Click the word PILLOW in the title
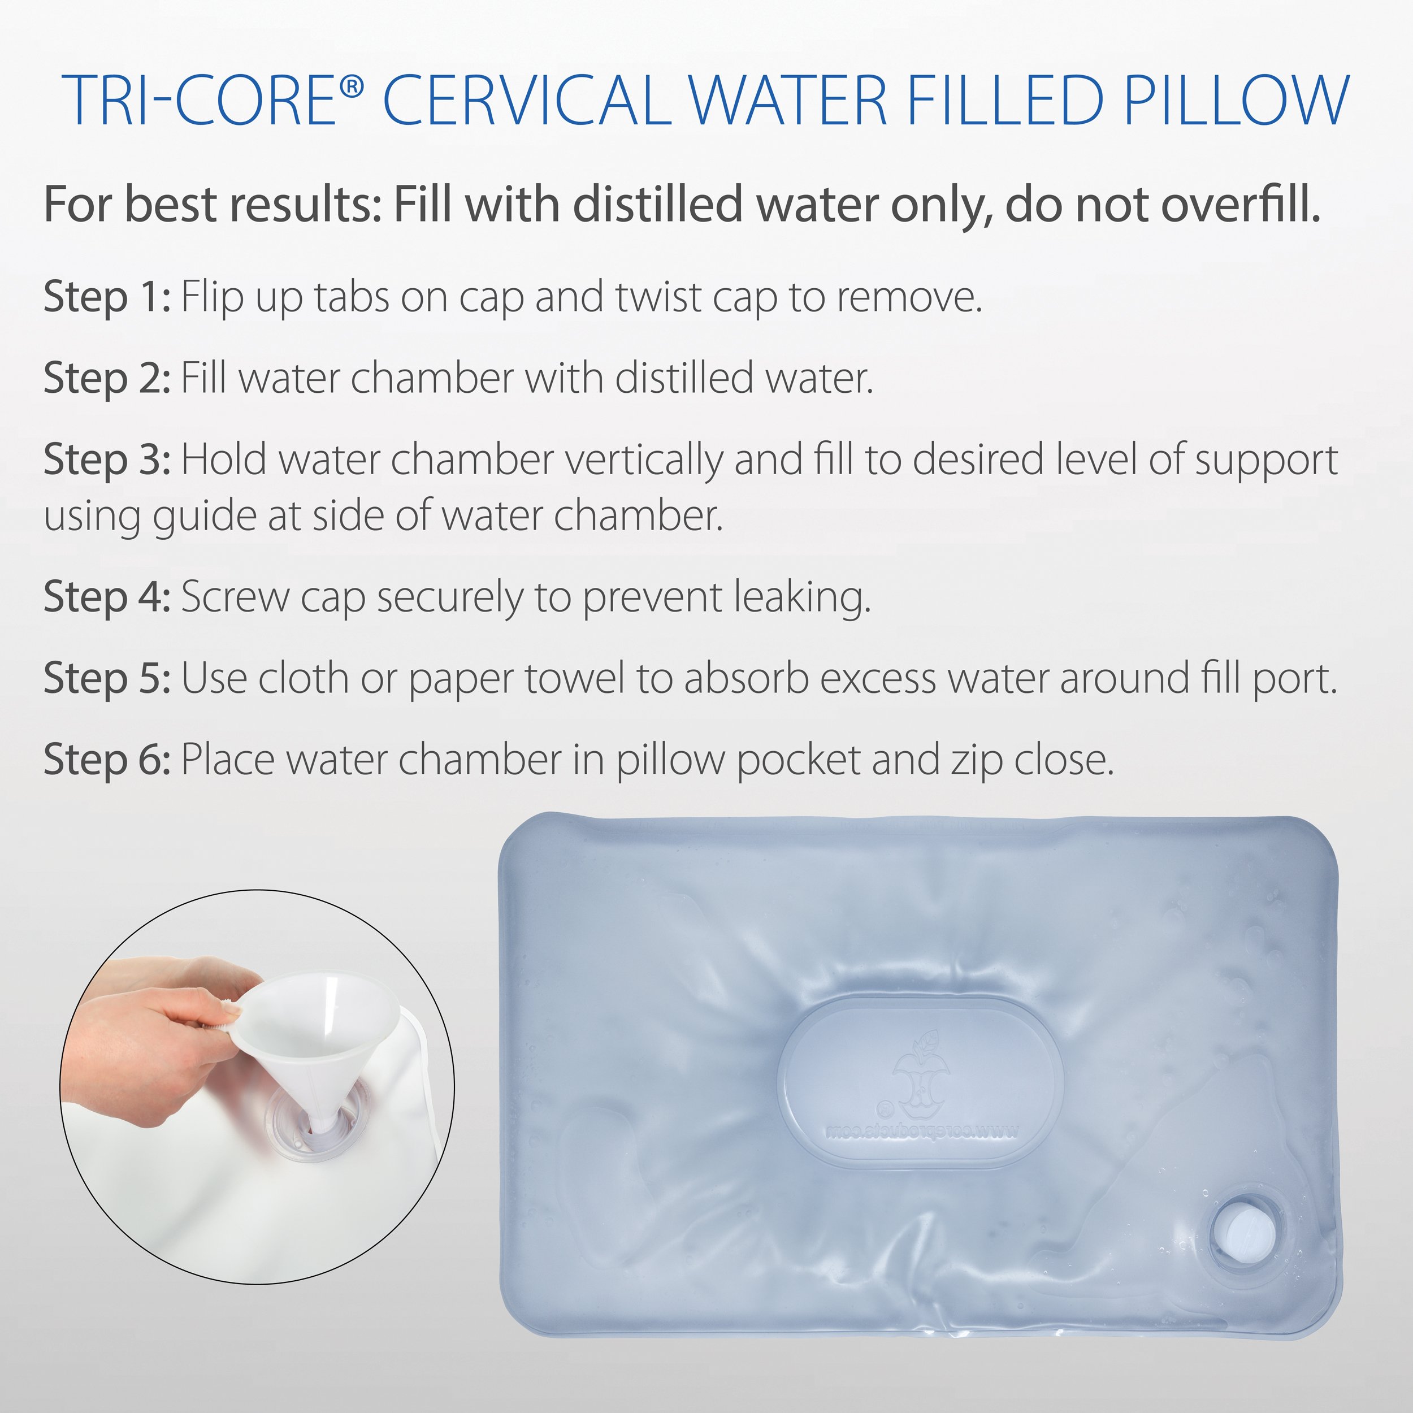pos(1236,99)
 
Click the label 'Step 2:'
pos(107,379)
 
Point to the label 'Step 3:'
pos(107,460)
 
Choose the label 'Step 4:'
pos(107,597)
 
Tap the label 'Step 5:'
pos(107,679)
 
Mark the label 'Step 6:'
pos(107,760)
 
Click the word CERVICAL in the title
pos(527,99)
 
